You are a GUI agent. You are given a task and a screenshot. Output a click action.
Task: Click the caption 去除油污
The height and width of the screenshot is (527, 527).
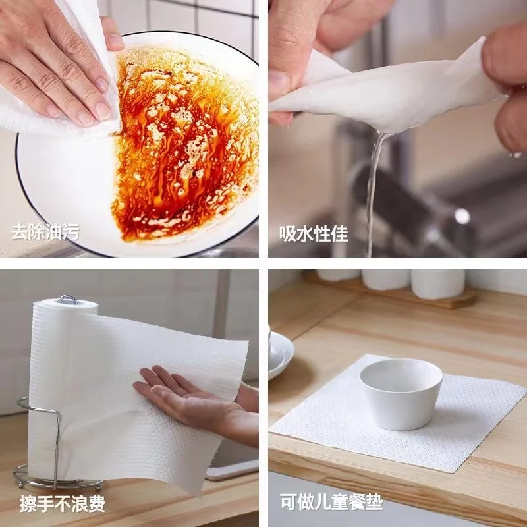coord(45,232)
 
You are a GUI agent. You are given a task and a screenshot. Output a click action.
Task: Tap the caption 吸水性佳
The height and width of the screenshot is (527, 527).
coord(314,233)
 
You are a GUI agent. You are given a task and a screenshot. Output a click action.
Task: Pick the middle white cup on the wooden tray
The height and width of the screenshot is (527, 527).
coord(386,279)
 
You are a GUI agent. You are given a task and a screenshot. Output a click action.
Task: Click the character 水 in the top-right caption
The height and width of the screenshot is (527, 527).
coord(305,233)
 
